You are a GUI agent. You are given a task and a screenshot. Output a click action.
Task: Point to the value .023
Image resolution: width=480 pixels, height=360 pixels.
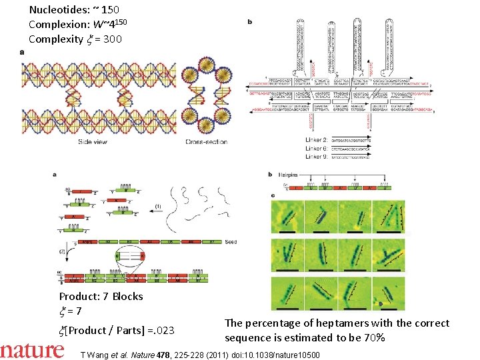(163, 331)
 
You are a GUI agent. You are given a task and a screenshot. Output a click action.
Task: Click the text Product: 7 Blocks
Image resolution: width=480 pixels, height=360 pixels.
(101, 296)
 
